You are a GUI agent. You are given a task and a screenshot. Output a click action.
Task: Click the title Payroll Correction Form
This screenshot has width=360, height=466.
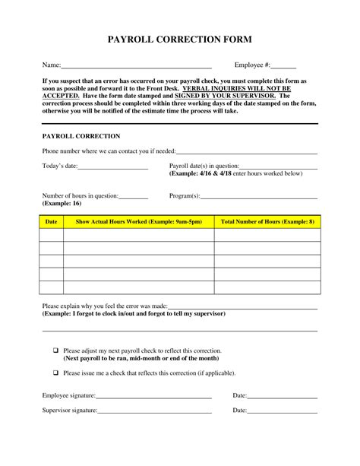click(179, 40)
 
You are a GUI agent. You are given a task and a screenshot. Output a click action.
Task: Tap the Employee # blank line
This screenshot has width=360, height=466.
click(283, 66)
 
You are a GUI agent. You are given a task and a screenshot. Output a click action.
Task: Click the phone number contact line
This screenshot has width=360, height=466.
click(246, 152)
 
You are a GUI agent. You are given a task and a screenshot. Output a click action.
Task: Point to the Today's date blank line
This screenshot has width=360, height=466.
click(112, 166)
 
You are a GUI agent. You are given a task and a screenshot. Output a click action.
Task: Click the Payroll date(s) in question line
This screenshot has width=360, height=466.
click(278, 166)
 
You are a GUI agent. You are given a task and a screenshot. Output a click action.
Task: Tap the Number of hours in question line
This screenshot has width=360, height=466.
click(134, 196)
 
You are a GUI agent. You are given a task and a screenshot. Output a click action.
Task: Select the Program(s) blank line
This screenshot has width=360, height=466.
click(258, 196)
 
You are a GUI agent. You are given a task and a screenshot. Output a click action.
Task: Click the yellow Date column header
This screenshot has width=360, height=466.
click(52, 222)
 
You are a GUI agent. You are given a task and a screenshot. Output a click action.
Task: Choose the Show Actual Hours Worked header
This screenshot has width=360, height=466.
click(138, 222)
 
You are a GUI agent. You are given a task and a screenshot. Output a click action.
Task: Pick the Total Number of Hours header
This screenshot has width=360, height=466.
click(267, 222)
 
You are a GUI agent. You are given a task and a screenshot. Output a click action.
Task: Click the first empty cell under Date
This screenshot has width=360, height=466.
click(52, 235)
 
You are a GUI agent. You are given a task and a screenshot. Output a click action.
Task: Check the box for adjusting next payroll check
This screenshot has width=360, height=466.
click(55, 350)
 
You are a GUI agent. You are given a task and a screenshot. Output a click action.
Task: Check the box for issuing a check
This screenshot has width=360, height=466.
click(55, 372)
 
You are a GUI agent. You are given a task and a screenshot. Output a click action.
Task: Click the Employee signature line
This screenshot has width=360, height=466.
click(153, 396)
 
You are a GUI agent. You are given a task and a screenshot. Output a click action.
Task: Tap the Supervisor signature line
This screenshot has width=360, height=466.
click(154, 411)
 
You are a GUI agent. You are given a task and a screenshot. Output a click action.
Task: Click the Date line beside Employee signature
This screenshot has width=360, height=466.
click(282, 396)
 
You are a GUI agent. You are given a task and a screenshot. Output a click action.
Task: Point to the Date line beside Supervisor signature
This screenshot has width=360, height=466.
click(282, 411)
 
